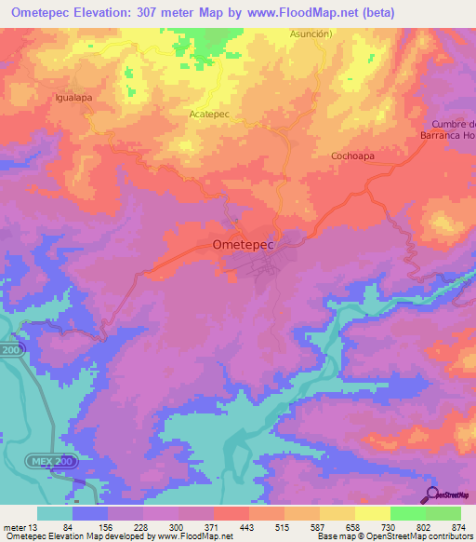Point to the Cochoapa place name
(x=352, y=156)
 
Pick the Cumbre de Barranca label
(x=453, y=130)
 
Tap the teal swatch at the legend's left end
(x=55, y=513)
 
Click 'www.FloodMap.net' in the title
(x=293, y=12)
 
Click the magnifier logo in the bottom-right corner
(x=430, y=495)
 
